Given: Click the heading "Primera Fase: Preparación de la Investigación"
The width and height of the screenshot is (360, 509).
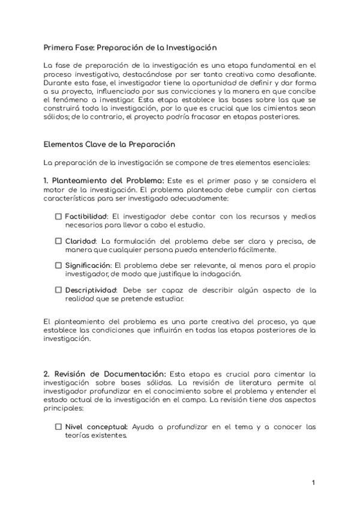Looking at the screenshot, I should [x=130, y=47].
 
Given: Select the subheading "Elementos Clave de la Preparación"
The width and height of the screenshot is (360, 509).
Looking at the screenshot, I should [x=109, y=145].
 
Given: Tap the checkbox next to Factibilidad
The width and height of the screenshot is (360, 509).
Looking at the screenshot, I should [x=59, y=216].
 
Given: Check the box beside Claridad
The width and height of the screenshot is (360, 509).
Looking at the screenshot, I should [x=59, y=241].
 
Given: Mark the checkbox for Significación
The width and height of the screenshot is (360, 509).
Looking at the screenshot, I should [x=59, y=265].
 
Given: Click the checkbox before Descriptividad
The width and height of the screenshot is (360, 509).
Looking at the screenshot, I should [x=59, y=290].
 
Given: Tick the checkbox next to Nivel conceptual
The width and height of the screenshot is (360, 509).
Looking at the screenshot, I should [x=59, y=427].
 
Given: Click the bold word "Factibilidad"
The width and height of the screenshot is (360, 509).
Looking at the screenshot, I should [x=86, y=216].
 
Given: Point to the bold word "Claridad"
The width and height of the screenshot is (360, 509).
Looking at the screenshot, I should [x=80, y=241].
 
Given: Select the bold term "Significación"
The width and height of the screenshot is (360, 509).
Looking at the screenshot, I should [x=89, y=265].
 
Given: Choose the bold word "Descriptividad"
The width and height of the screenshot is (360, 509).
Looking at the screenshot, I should [x=91, y=290].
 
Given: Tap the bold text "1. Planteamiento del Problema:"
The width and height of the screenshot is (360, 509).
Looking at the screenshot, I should [x=104, y=181].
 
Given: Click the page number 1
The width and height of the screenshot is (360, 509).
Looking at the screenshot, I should [x=314, y=482].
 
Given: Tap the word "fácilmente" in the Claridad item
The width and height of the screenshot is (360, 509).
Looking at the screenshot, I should [x=257, y=250].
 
